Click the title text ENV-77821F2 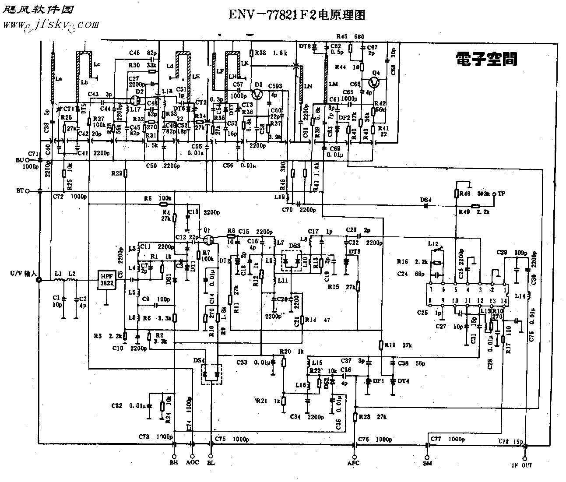tap(296, 15)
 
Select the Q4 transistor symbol tap(375, 82)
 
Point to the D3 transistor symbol tap(257, 95)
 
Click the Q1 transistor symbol tap(209, 239)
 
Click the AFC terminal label tap(353, 463)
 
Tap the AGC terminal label tap(192, 462)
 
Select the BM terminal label tap(427, 463)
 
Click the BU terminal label tap(20, 160)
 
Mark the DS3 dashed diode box tap(291, 261)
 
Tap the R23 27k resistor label tap(373, 417)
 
